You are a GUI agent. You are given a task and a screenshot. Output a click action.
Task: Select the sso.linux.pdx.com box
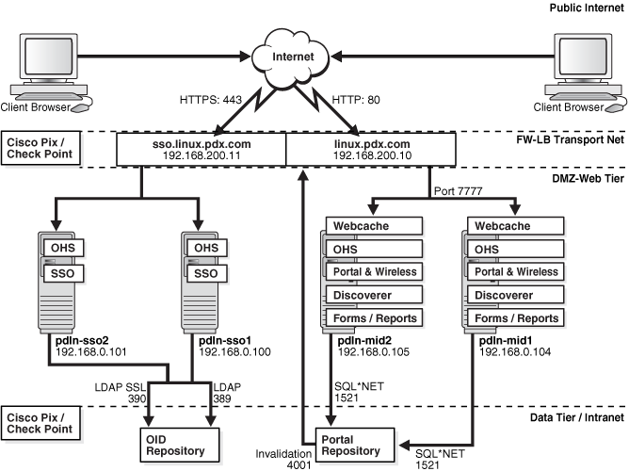click(200, 148)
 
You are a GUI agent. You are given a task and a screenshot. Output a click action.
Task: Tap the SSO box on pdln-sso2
click(65, 273)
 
